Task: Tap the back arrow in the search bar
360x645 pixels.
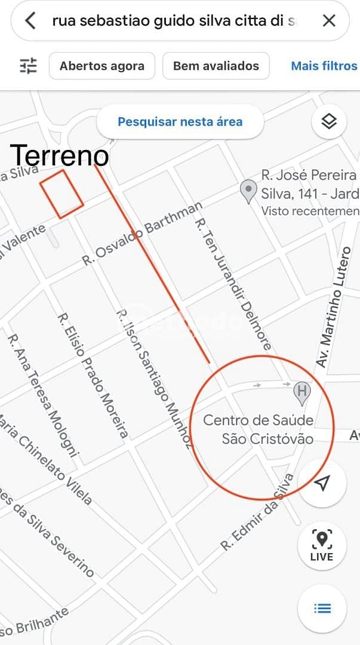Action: click(x=30, y=21)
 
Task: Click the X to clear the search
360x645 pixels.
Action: click(x=329, y=21)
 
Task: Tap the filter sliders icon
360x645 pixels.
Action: click(x=28, y=66)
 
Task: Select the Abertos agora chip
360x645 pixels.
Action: click(x=102, y=66)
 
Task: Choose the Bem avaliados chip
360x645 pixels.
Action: click(x=216, y=66)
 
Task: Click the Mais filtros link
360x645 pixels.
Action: click(x=324, y=66)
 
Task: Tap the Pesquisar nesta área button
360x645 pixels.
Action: click(x=180, y=122)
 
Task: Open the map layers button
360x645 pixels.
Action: click(x=329, y=122)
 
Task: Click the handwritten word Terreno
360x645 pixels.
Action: click(x=60, y=156)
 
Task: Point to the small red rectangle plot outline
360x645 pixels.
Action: click(x=61, y=194)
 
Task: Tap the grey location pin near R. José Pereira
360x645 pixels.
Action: click(x=248, y=192)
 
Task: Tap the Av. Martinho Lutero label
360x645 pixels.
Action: click(x=334, y=305)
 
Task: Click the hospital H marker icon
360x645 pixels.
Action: click(x=303, y=392)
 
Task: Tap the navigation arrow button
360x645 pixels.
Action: click(x=322, y=483)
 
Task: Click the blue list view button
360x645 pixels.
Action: click(x=322, y=608)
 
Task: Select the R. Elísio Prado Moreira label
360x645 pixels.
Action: click(x=93, y=375)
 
